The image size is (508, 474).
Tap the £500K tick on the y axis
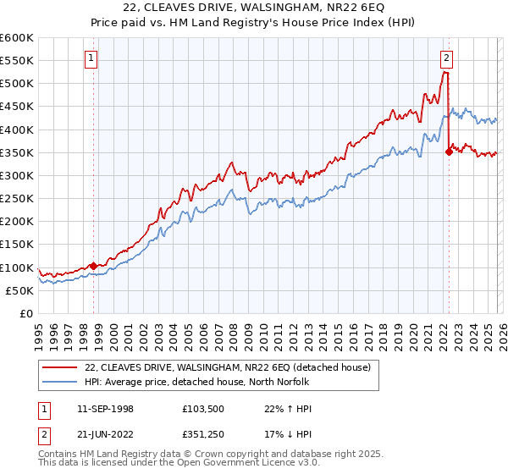pos(17,84)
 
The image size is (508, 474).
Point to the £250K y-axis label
pos(17,198)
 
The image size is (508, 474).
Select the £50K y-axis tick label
pos(20,290)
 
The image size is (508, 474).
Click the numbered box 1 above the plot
pos(91,58)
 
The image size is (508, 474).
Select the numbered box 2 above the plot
pos(446,58)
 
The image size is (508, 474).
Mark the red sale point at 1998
pos(93,266)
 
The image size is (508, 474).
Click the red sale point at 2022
pos(449,152)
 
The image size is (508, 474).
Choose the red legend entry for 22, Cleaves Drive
pos(227,367)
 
